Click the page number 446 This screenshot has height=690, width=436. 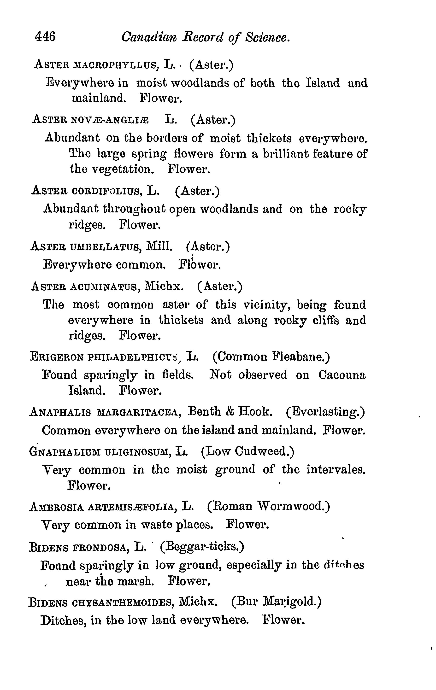45,37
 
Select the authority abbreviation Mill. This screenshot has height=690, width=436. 159,246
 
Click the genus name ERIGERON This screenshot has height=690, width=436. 57,357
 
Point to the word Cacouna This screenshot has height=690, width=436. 342,375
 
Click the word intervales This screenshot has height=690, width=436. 336,470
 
